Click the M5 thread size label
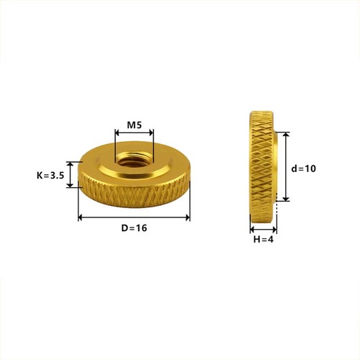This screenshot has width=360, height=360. [134, 125]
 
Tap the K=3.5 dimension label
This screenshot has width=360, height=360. [50, 176]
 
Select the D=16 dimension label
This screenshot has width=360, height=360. [134, 228]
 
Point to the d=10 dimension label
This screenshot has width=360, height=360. [304, 168]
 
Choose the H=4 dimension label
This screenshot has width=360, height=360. [264, 239]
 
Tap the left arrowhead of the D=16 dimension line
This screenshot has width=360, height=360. [81, 217]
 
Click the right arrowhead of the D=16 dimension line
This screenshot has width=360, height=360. [187, 217]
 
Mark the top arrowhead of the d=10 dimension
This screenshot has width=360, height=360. [286, 135]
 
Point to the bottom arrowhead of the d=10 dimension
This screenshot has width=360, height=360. [286, 198]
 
